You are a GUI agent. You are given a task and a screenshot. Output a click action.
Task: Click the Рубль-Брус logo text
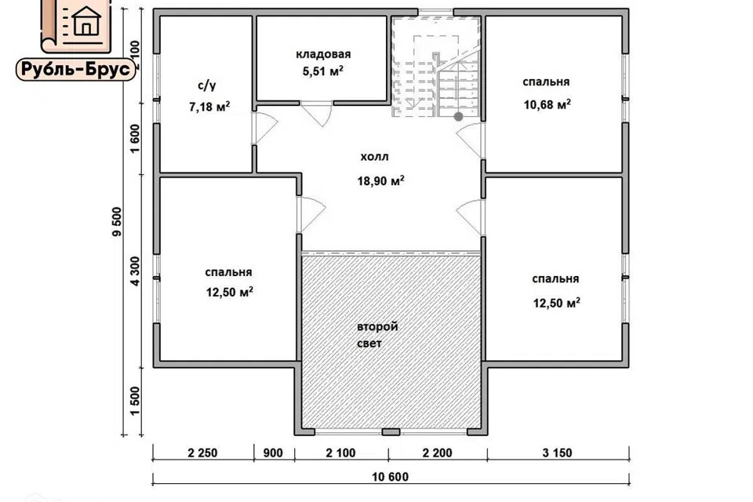tap(76, 70)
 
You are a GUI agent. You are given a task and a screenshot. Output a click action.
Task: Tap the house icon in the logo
tap(86, 21)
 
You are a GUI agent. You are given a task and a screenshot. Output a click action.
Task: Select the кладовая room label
tap(323, 54)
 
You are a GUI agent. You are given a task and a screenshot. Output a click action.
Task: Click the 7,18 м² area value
tap(209, 106)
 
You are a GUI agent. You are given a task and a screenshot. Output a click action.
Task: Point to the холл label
tap(375, 157)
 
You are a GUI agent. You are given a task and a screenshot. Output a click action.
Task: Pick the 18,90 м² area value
tap(381, 180)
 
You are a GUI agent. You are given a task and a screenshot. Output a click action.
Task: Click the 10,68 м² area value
tap(547, 104)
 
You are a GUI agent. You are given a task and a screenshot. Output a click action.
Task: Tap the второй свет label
tap(377, 335)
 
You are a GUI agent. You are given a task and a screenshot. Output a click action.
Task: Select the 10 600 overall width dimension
tap(391, 477)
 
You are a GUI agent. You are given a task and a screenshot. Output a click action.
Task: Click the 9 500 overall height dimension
tap(117, 222)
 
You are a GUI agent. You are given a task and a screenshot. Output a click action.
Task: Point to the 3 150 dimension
tap(557, 453)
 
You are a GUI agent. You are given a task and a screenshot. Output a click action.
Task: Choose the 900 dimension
tap(273, 453)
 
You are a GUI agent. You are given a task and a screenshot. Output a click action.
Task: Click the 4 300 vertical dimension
tap(135, 271)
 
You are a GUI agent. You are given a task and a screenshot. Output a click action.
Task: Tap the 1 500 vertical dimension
tap(135, 402)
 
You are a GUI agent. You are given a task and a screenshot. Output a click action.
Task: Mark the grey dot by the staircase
tap(459, 116)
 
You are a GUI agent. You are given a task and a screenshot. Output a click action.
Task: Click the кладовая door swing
tap(317, 115)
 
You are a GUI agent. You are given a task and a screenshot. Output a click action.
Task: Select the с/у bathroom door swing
tap(264, 128)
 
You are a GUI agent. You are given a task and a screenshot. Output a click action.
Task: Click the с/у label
tap(207, 86)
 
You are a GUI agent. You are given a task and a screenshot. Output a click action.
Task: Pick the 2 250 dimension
tap(202, 453)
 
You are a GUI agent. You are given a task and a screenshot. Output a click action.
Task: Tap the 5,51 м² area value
tap(322, 71)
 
